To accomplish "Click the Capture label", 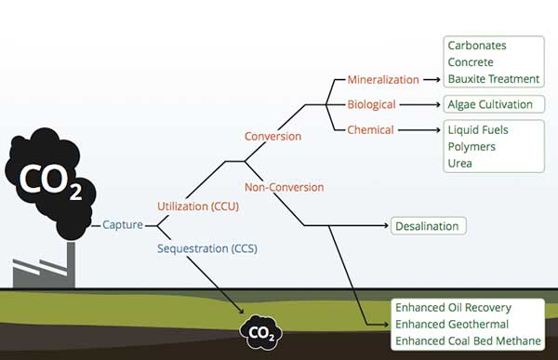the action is click(123, 225).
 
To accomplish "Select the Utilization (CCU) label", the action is click(198, 207).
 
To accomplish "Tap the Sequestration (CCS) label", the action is click(207, 248).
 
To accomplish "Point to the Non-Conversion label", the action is click(285, 187).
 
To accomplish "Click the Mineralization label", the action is click(383, 80).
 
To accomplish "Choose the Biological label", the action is click(371, 104).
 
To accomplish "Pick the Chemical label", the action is click(370, 130).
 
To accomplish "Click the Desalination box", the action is click(429, 226).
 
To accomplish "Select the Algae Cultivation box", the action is click(494, 104).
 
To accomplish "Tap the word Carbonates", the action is click(477, 46).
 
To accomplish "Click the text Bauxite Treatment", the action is click(494, 79).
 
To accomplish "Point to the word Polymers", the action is click(472, 147).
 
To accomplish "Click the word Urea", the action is click(459, 164).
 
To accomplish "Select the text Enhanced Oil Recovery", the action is click(454, 308).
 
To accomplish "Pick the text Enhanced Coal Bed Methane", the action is click(468, 341).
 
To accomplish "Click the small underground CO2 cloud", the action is click(261, 332).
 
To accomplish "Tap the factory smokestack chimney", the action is click(71, 264).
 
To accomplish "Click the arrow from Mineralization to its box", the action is click(432, 80).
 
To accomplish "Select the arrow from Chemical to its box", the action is click(419, 130).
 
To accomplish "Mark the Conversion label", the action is click(272, 137).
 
